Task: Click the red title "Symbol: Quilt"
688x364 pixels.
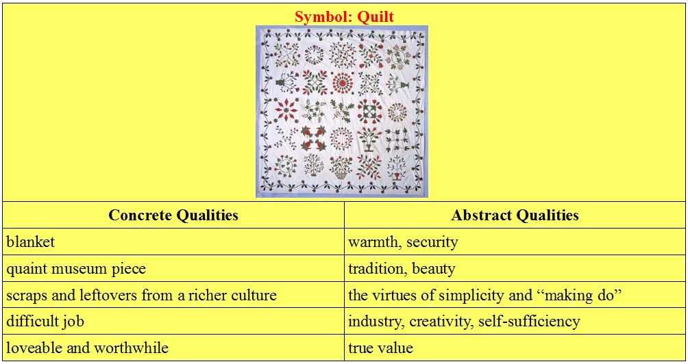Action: pyautogui.click(x=344, y=16)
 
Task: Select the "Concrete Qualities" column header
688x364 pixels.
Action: pyautogui.click(x=173, y=215)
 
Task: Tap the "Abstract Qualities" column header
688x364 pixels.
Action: pyautogui.click(x=515, y=215)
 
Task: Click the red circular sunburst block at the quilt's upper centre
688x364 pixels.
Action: pyautogui.click(x=343, y=82)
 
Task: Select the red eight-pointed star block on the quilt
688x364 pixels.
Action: pyautogui.click(x=285, y=110)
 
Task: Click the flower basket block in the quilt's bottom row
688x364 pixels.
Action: pyautogui.click(x=341, y=168)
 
